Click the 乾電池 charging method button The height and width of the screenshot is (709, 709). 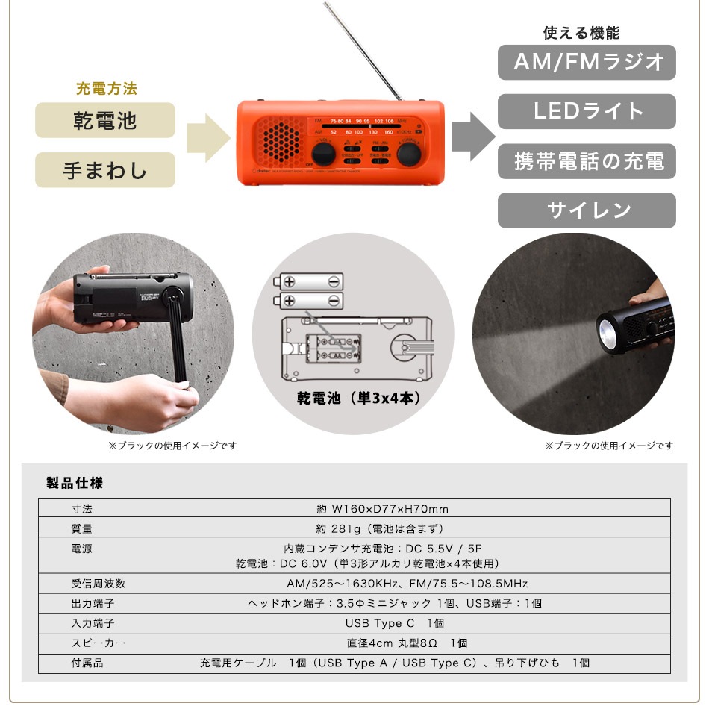(x=105, y=120)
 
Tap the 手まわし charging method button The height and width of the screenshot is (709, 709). (x=105, y=170)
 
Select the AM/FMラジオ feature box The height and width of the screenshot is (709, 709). (x=587, y=63)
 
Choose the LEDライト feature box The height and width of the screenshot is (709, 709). (x=587, y=112)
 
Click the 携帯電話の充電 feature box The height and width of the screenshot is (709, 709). (x=587, y=161)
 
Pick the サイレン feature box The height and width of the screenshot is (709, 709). (x=587, y=210)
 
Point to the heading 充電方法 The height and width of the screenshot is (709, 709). (x=106, y=89)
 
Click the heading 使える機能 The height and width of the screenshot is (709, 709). (x=581, y=34)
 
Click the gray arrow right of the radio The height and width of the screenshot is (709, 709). (x=472, y=136)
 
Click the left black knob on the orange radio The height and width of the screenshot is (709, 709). (x=322, y=154)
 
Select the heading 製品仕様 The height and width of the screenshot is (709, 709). (x=75, y=483)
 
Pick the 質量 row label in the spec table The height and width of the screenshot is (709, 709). (x=82, y=528)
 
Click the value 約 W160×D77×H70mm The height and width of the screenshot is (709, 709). (x=382, y=509)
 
